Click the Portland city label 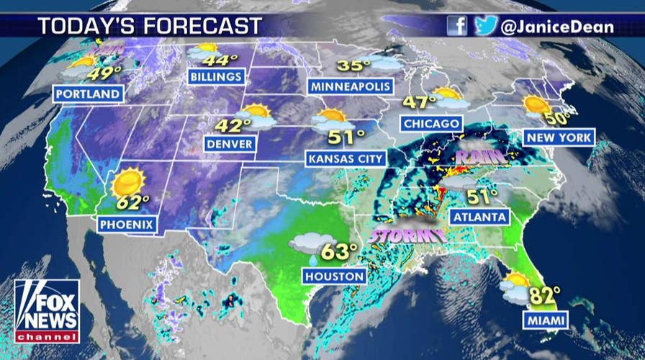87,94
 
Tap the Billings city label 215,76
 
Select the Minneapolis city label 351,86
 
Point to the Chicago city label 432,124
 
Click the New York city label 559,138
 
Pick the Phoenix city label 127,225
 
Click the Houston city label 334,276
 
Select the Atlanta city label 480,216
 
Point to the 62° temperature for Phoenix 132,201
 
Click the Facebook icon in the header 457,26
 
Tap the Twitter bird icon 486,26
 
